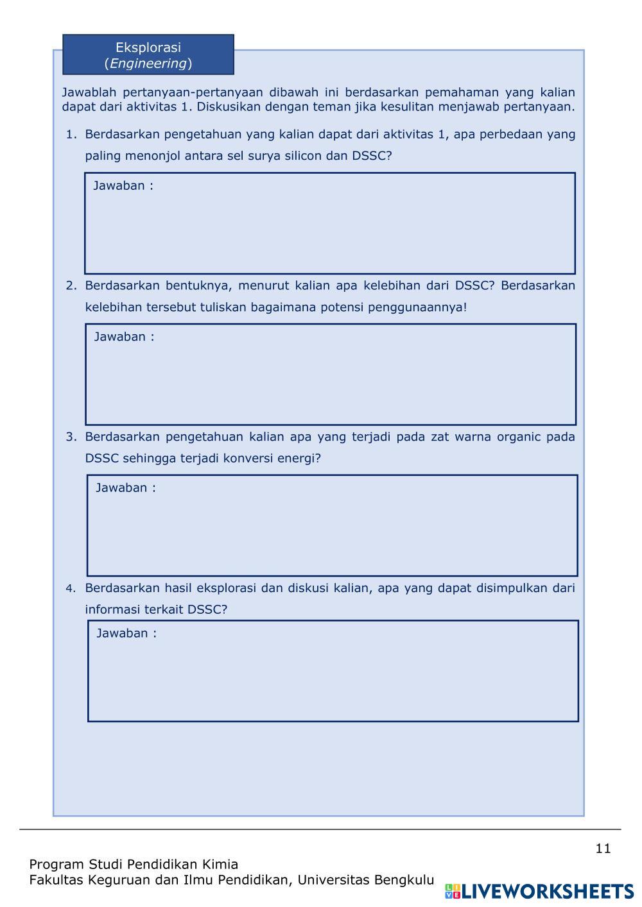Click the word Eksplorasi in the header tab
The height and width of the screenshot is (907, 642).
(x=148, y=47)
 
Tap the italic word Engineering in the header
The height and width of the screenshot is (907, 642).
(x=148, y=64)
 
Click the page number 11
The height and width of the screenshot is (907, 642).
(x=603, y=849)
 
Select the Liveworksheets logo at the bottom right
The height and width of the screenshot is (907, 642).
(x=539, y=891)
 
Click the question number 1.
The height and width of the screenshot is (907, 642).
(x=71, y=135)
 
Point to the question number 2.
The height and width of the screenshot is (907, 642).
(x=71, y=285)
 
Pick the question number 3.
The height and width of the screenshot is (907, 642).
(x=71, y=437)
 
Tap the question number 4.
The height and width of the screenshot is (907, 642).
(x=71, y=588)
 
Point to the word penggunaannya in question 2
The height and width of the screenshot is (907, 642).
(x=417, y=307)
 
